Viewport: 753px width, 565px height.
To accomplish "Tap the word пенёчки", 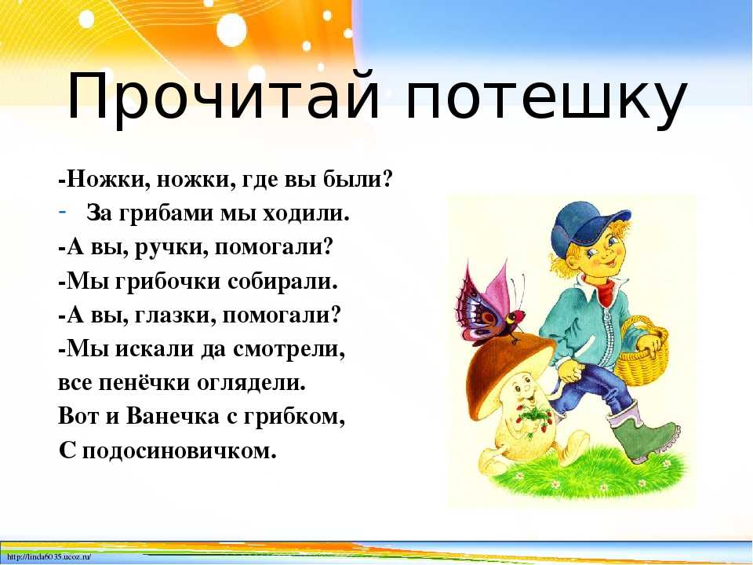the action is [x=144, y=383].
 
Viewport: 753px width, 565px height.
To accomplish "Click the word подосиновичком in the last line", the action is [x=180, y=450].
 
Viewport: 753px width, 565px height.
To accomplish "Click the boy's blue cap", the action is [x=587, y=228].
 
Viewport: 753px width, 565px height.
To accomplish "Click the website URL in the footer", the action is [x=49, y=557].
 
